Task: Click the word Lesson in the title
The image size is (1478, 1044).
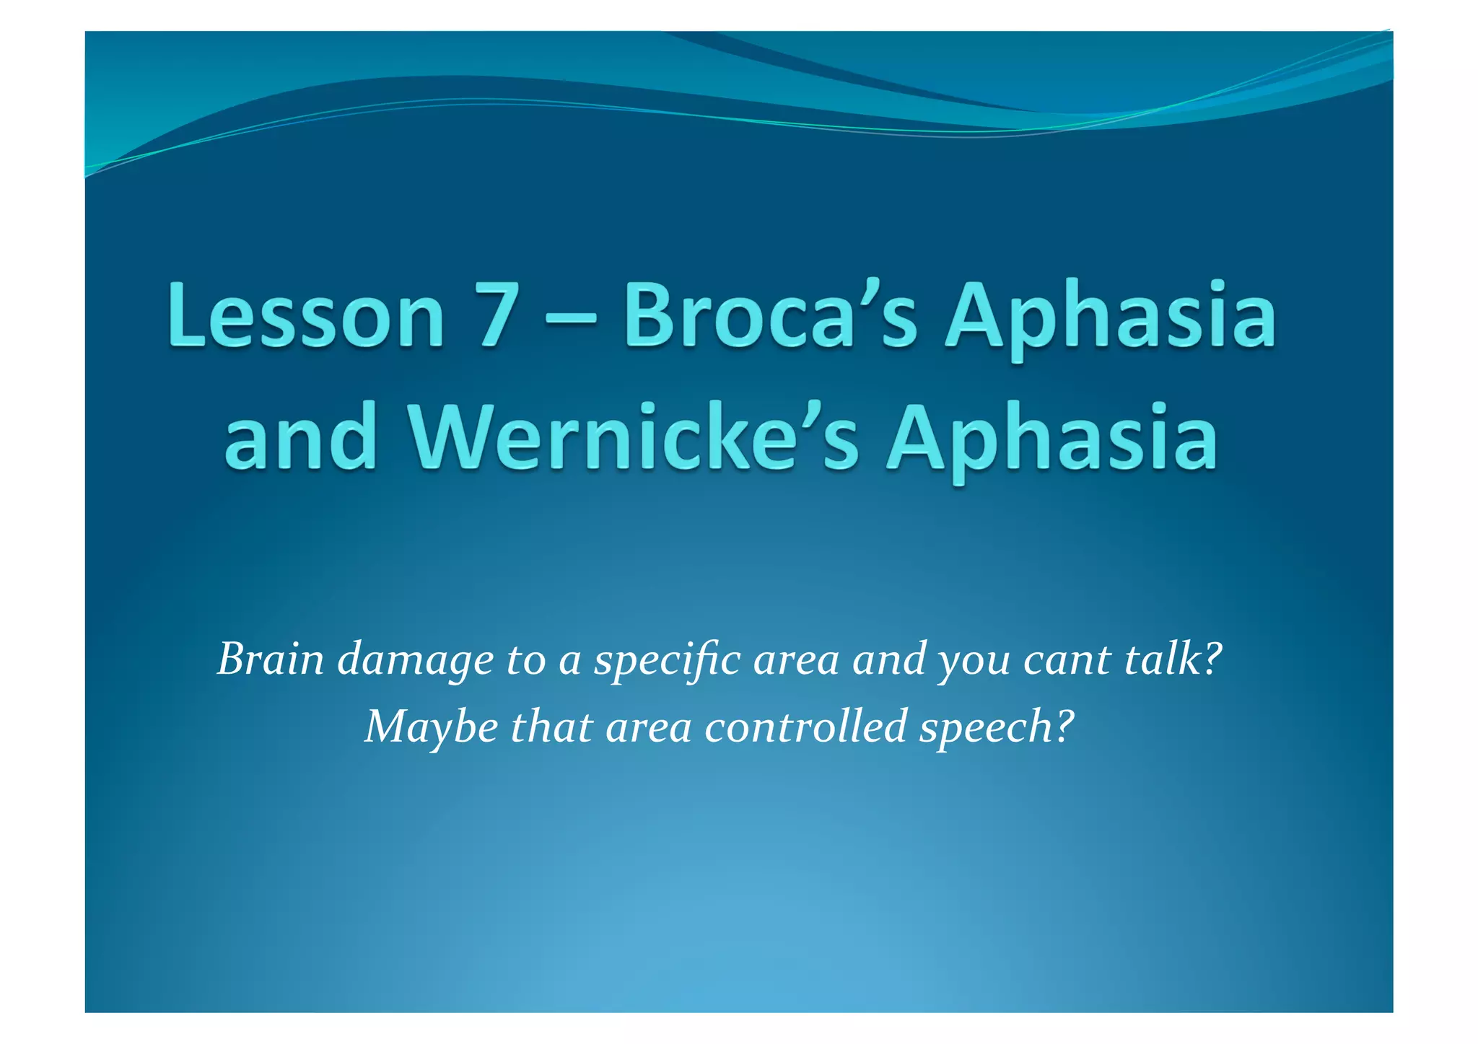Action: pos(306,316)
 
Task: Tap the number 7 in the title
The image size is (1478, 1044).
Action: pos(496,316)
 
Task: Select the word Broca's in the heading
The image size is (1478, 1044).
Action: pos(770,316)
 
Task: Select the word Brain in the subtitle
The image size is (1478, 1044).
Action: pos(271,659)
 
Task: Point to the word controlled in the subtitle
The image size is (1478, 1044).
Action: pos(805,726)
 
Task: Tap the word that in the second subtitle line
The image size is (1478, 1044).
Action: pos(551,726)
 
